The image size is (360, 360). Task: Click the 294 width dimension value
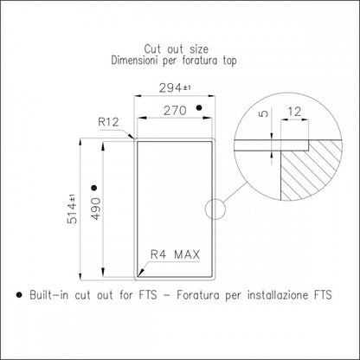(170, 88)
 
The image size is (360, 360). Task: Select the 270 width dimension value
(175, 111)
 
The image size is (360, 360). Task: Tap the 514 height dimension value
(72, 214)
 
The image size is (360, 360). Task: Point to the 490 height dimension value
(96, 209)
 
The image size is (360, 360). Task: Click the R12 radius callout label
(108, 122)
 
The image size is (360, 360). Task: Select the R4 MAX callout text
(175, 254)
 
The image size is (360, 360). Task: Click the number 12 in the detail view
(294, 112)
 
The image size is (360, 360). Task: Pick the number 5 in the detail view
(263, 113)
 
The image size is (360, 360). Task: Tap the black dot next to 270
(199, 108)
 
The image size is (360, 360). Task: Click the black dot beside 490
(93, 188)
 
